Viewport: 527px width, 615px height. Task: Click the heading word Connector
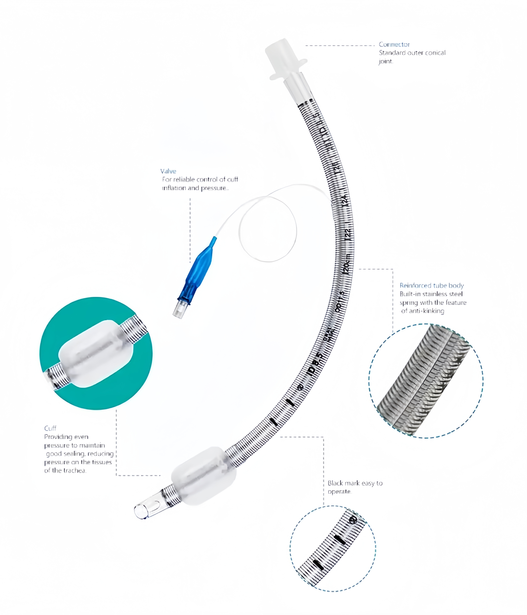394,45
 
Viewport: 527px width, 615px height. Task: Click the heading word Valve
168,171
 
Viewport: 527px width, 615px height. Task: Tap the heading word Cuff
50,428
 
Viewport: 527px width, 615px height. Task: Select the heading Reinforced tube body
431,285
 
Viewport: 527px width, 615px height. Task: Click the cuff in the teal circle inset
95,354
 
